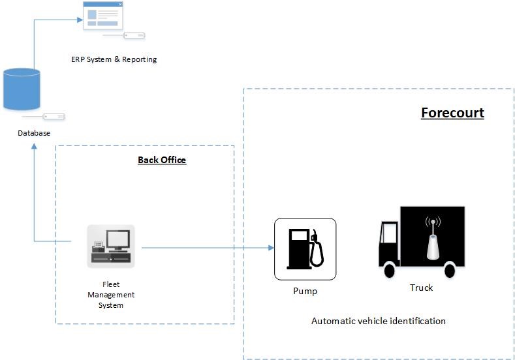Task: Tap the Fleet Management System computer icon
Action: [x=111, y=246]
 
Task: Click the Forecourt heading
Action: [x=452, y=113]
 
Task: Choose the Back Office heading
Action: [x=162, y=160]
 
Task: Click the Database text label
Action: [x=34, y=133]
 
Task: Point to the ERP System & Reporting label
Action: [x=114, y=59]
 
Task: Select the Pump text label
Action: [x=305, y=291]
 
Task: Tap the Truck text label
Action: [x=421, y=288]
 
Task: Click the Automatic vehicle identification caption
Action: [x=378, y=321]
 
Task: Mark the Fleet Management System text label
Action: [x=111, y=295]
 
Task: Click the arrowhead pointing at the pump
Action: [x=270, y=248]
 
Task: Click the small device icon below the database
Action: [x=53, y=117]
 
